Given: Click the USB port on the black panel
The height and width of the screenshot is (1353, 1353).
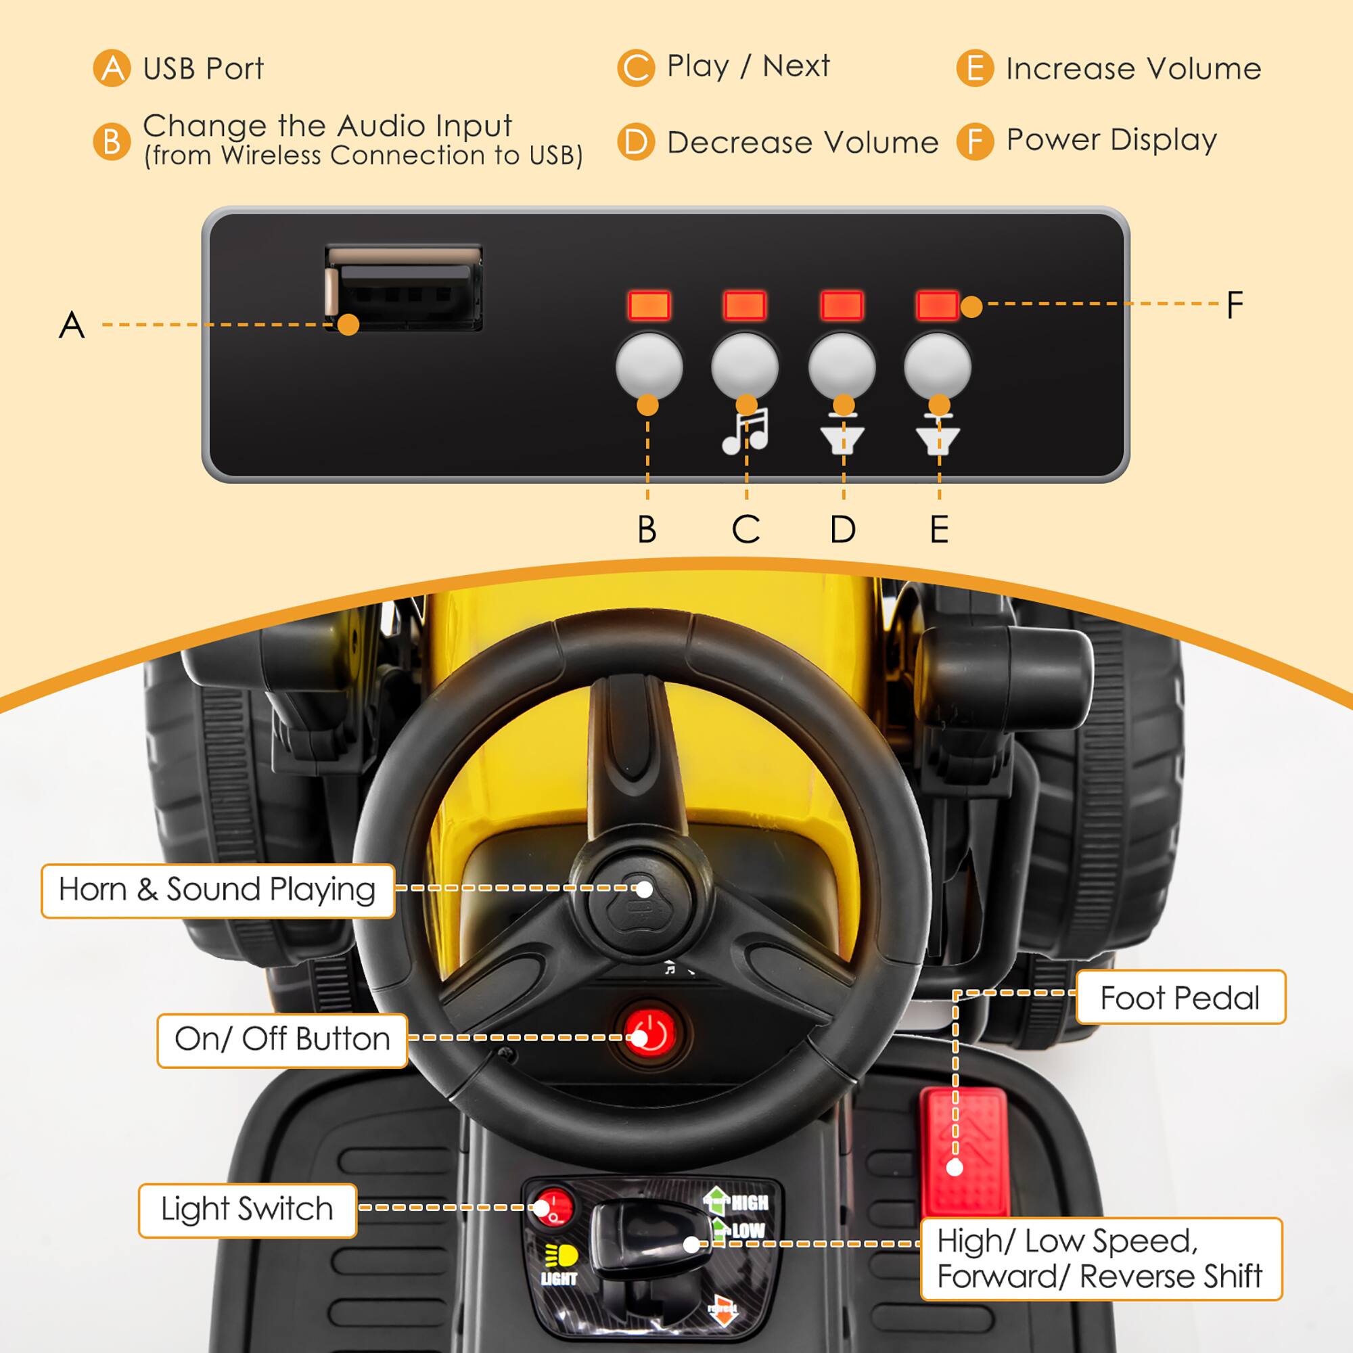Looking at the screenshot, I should click(403, 287).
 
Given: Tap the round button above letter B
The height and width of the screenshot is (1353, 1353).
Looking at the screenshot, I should click(649, 366).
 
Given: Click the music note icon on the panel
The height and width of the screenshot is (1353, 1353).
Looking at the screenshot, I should click(745, 431).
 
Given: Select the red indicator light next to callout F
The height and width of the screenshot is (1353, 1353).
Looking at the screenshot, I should click(937, 305).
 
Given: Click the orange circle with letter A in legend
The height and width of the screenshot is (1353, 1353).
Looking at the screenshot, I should click(112, 68).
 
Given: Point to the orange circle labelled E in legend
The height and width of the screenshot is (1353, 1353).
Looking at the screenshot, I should click(974, 68).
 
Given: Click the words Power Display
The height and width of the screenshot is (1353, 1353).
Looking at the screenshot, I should click(1111, 140).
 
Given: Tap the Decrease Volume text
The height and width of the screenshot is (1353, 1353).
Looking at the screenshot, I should click(802, 142).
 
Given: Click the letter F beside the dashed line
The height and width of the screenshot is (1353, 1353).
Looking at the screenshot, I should click(1235, 305).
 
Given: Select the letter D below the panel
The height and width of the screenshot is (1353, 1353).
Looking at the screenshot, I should click(843, 530).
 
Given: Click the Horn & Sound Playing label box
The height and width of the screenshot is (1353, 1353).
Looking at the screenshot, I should click(217, 890).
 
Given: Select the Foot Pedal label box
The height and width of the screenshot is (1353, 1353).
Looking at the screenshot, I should click(1180, 997).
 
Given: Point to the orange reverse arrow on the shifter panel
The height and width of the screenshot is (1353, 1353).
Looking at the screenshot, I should click(723, 1313).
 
